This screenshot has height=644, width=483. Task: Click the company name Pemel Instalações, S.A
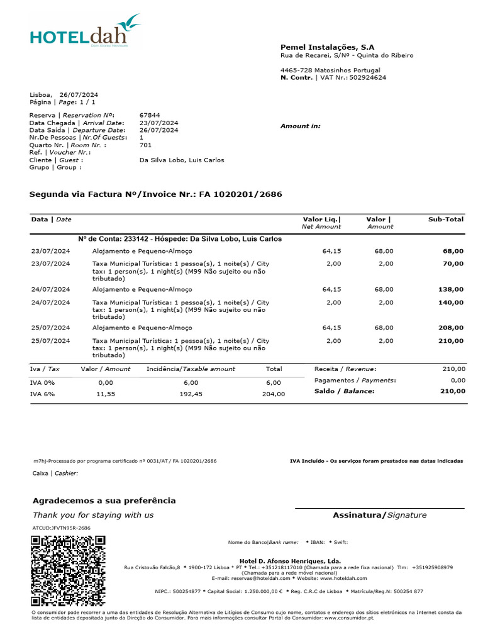327,47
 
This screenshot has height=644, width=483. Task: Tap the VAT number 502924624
368,77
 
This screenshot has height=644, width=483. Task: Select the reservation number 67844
150,115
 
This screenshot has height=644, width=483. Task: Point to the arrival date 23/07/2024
158,123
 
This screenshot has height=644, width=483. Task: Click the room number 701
146,145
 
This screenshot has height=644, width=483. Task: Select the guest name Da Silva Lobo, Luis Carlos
181,160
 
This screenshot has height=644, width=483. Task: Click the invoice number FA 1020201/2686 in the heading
241,194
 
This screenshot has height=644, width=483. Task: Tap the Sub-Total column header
446,219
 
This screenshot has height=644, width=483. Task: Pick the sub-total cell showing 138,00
451,289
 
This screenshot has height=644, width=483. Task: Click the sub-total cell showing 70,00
453,264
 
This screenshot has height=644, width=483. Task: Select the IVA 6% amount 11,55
105,394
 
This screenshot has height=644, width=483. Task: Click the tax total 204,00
274,394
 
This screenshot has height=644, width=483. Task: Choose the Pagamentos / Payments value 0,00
458,380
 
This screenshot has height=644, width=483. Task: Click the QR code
68,570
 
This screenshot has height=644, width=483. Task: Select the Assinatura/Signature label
379,515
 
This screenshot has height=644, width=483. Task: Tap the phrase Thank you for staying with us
93,515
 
